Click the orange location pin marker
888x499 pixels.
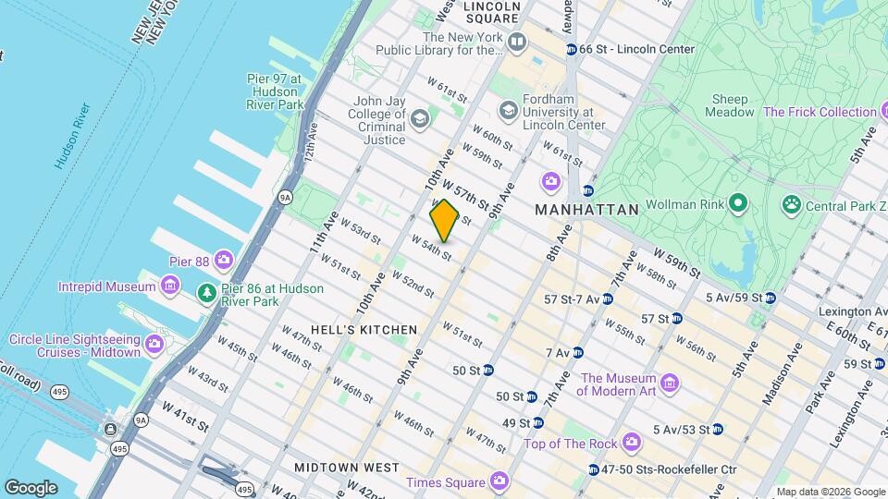(x=444, y=220)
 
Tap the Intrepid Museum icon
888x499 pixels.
(x=169, y=287)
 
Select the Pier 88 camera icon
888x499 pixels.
(x=223, y=261)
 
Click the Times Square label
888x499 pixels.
(x=446, y=481)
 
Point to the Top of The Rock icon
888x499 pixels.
(x=632, y=444)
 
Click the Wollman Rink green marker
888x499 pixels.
(x=737, y=202)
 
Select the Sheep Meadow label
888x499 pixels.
(x=730, y=105)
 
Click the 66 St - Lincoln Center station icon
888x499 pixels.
(x=572, y=49)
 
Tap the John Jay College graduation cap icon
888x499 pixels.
(x=420, y=118)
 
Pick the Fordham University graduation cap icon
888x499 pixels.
(x=508, y=111)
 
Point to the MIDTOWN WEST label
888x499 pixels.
(x=347, y=468)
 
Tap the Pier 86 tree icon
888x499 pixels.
(x=208, y=294)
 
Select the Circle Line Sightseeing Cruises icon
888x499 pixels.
(x=154, y=345)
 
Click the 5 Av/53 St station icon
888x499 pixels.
(x=717, y=429)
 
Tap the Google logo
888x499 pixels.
(x=31, y=487)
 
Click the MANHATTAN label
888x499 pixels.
(x=586, y=210)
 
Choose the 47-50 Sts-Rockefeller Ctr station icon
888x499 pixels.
(x=593, y=469)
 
